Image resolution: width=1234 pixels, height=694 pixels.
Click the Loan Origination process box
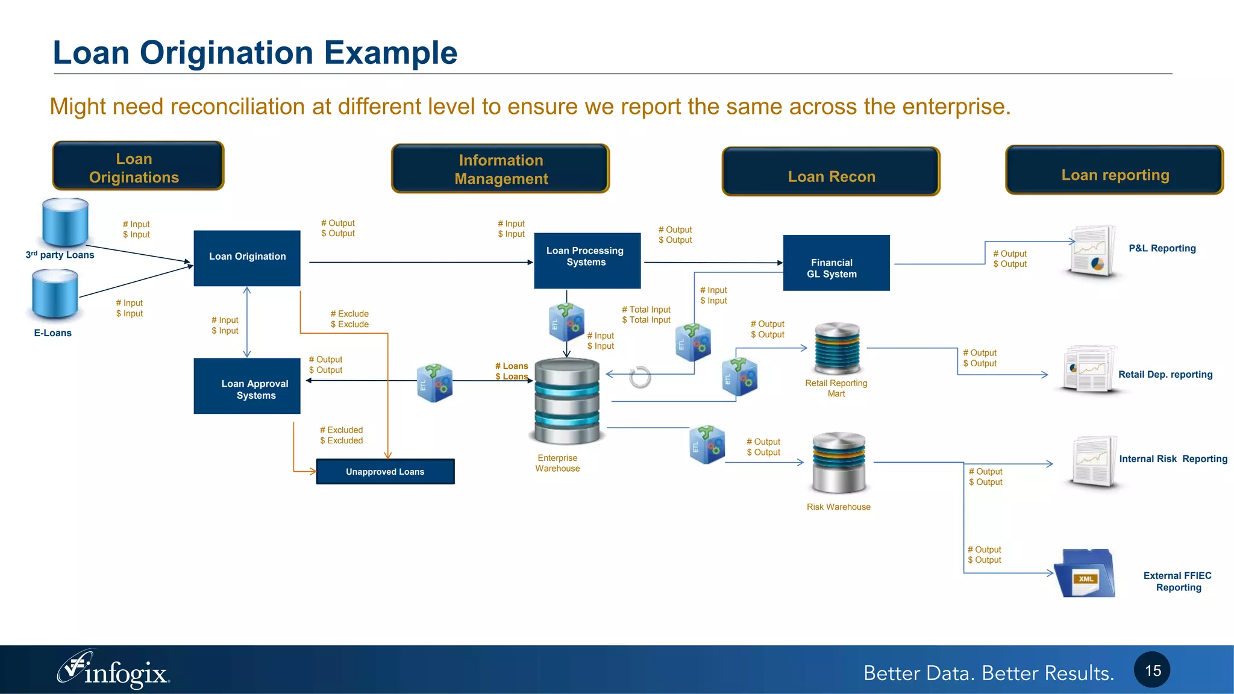(247, 258)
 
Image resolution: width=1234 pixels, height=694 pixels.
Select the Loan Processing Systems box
(587, 260)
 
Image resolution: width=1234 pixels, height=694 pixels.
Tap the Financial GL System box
(836, 263)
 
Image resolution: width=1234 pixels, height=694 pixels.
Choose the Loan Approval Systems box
(247, 386)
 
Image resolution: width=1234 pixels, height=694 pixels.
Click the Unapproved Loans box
(385, 472)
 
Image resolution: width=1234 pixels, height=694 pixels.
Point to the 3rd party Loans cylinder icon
(65, 222)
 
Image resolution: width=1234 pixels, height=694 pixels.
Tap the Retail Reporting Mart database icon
(837, 349)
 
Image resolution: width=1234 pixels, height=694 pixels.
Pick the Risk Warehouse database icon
(839, 462)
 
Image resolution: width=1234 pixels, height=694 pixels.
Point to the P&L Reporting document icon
(1093, 252)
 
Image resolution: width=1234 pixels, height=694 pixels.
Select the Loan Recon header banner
(831, 172)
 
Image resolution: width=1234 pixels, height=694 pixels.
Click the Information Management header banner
(500, 169)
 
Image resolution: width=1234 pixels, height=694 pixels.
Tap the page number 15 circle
(1152, 670)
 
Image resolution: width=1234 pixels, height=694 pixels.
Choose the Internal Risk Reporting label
(1173, 459)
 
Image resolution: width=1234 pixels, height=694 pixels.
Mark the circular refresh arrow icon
(640, 378)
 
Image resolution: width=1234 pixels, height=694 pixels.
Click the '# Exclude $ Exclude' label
(349, 319)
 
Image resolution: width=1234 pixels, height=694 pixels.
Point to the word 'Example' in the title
(390, 53)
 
